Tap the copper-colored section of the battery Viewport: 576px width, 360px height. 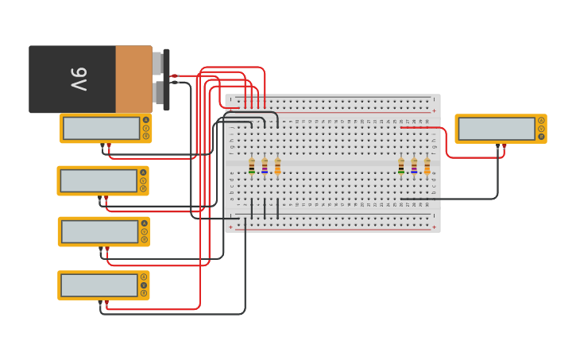[x=133, y=79]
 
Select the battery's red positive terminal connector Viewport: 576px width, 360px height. [x=174, y=75]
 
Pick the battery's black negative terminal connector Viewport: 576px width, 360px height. [x=174, y=82]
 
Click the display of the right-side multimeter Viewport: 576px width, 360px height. [x=496, y=129]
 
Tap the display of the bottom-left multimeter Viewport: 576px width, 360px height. [x=99, y=285]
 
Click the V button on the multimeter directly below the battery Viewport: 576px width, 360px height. [x=145, y=128]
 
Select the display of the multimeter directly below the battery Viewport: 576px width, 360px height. [x=101, y=128]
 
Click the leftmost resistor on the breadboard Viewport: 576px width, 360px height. [x=252, y=166]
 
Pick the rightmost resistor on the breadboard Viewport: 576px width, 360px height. [x=427, y=166]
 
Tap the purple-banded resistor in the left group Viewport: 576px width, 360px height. [x=265, y=166]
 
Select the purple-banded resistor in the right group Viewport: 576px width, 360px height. [x=414, y=166]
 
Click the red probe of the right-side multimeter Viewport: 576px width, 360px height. [x=504, y=146]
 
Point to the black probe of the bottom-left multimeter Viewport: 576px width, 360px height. [x=100, y=303]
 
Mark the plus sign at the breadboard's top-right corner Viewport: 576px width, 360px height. [x=434, y=110]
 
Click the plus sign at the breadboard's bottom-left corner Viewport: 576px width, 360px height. [x=231, y=226]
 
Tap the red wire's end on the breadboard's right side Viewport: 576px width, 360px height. [x=401, y=127]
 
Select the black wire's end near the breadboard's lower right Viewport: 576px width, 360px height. [x=401, y=199]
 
